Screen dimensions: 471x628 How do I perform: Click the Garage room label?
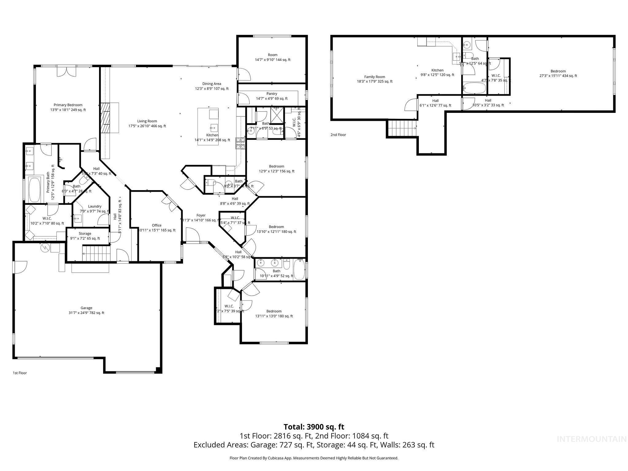[86, 308]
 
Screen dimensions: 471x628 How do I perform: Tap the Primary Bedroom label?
[68, 105]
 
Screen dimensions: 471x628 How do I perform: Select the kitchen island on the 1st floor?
[208, 126]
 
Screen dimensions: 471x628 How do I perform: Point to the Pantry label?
[272, 94]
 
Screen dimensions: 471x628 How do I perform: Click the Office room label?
[157, 225]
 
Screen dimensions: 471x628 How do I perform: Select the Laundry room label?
[94, 206]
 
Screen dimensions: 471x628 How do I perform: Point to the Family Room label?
[374, 77]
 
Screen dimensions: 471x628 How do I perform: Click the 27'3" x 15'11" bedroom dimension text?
[558, 76]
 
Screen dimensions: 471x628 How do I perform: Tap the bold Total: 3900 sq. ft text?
[314, 427]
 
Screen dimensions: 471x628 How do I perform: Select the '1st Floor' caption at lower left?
[20, 373]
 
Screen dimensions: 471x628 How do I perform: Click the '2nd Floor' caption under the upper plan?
[338, 135]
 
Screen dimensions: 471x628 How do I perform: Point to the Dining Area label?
[212, 84]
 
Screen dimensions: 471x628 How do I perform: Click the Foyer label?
[201, 215]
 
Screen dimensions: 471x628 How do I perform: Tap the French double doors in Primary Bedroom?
[66, 71]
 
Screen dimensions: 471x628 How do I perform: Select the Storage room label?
[85, 233]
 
